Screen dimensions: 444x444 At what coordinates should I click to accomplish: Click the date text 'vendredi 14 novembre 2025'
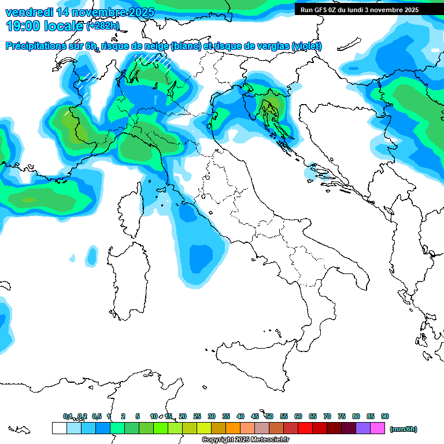[x=80, y=12]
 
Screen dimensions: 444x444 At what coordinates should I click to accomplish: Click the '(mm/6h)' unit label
[x=403, y=429]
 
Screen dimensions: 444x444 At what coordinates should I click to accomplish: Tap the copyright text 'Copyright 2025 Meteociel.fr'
[x=245, y=440]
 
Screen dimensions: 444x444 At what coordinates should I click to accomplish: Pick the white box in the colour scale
[x=59, y=428]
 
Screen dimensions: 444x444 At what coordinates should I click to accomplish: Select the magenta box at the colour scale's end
[x=378, y=428]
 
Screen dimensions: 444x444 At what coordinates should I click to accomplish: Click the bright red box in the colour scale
[x=305, y=428]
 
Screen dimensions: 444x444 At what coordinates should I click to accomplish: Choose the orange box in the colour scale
[x=233, y=428]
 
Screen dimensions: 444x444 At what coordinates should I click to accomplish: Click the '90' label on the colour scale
[x=385, y=416]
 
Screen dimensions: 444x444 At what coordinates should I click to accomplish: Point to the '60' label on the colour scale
[x=298, y=416]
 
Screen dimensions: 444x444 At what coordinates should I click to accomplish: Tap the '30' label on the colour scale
[x=212, y=416]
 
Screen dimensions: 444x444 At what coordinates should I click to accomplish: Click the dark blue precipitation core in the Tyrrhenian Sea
[x=201, y=257]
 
